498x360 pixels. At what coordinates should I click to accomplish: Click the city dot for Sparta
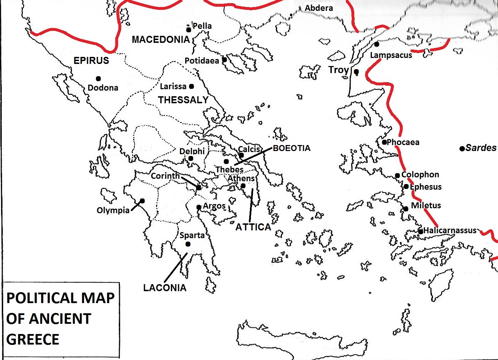[x=188, y=244]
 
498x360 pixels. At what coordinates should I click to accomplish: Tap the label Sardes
[x=481, y=148]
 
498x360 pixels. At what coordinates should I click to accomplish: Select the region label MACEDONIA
[x=161, y=40]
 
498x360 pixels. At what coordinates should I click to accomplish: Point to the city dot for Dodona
[x=98, y=79]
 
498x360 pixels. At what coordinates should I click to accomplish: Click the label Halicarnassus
[x=450, y=230]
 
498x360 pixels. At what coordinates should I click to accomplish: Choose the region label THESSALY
[x=183, y=100]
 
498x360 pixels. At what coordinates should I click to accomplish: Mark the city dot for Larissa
[x=192, y=86]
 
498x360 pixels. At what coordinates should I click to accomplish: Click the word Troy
[x=338, y=70]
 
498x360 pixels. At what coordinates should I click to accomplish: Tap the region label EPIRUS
[x=91, y=61]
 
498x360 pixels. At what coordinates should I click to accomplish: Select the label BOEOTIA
[x=292, y=148]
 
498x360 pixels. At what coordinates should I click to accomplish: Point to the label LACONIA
[x=165, y=288]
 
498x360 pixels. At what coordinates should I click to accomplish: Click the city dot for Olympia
[x=142, y=201]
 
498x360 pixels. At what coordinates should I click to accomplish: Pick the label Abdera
[x=319, y=8]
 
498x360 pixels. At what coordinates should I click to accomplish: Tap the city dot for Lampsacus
[x=377, y=44]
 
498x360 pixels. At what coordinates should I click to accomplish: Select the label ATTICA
[x=253, y=227]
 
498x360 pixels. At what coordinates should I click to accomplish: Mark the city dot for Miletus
[x=406, y=209]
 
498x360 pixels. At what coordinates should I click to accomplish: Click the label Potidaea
[x=202, y=61]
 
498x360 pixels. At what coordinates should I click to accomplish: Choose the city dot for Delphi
[x=191, y=158]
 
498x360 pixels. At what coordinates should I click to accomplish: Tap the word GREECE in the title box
[x=33, y=340]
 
